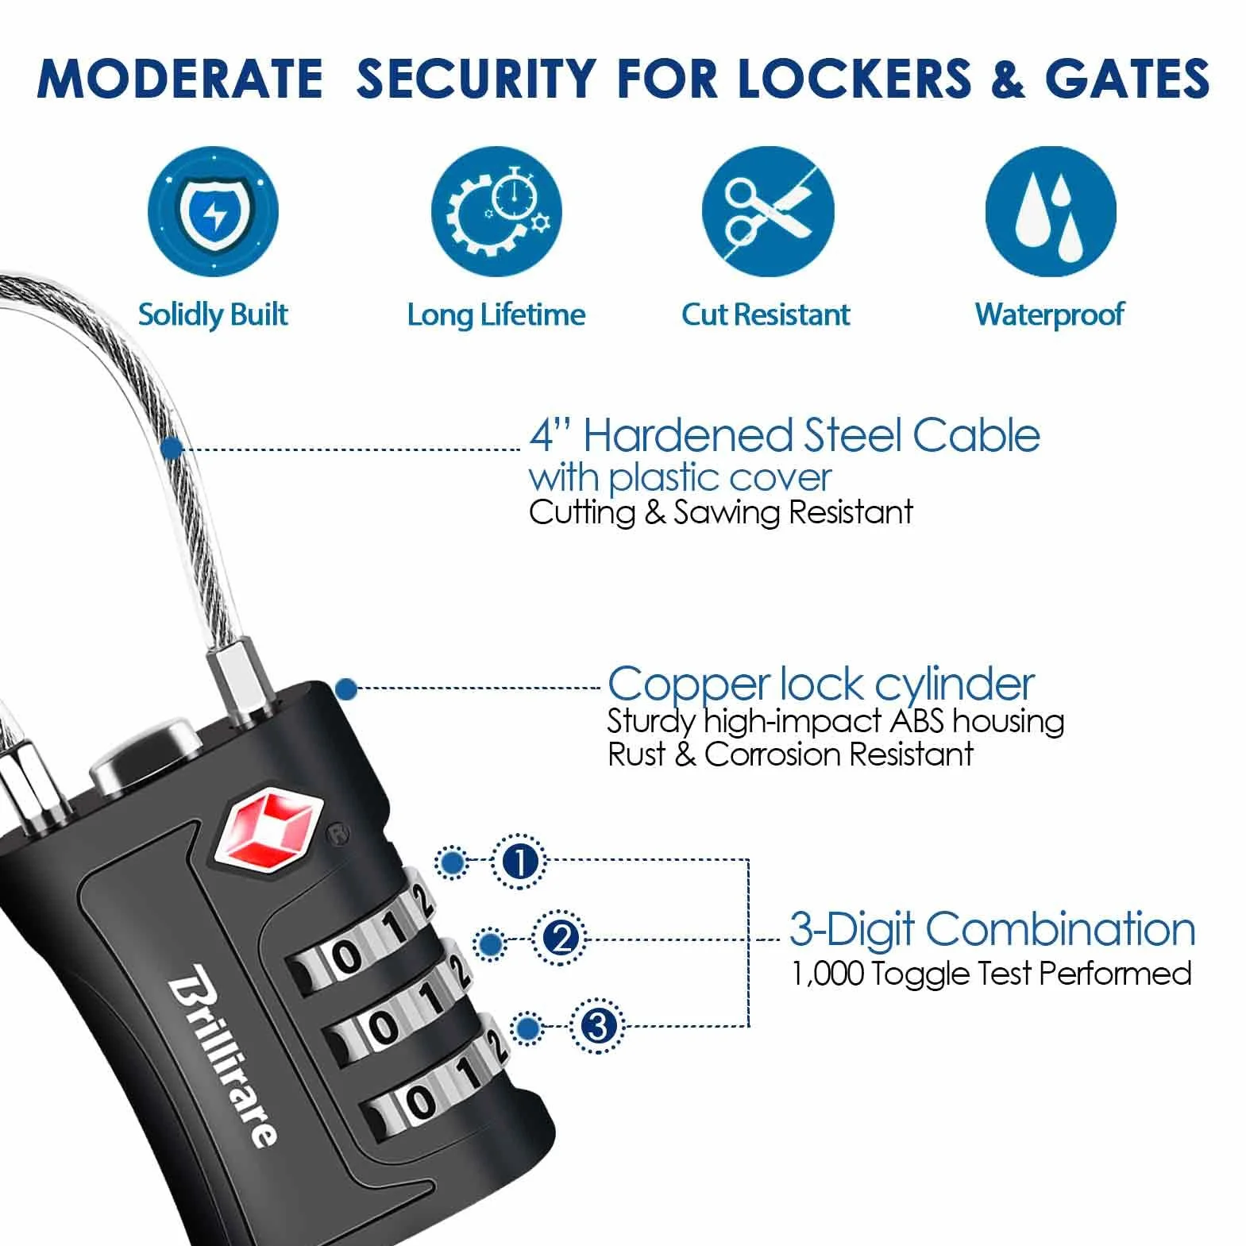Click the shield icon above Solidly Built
tap(213, 212)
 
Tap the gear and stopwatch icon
tap(496, 212)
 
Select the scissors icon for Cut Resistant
tap(768, 212)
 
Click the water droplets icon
tap(1051, 212)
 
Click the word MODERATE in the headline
tap(180, 79)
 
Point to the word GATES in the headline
tap(1127, 79)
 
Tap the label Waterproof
tap(1049, 315)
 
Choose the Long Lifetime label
tap(496, 315)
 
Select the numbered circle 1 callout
tap(520, 862)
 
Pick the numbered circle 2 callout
tap(561, 939)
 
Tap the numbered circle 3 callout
tap(597, 1026)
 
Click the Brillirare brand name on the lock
tap(223, 1054)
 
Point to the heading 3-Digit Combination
tap(992, 929)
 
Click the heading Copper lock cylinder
tap(820, 684)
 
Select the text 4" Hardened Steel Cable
tap(785, 435)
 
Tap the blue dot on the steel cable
tap(172, 448)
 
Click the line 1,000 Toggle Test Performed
tap(992, 974)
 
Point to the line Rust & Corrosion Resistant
tap(790, 754)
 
